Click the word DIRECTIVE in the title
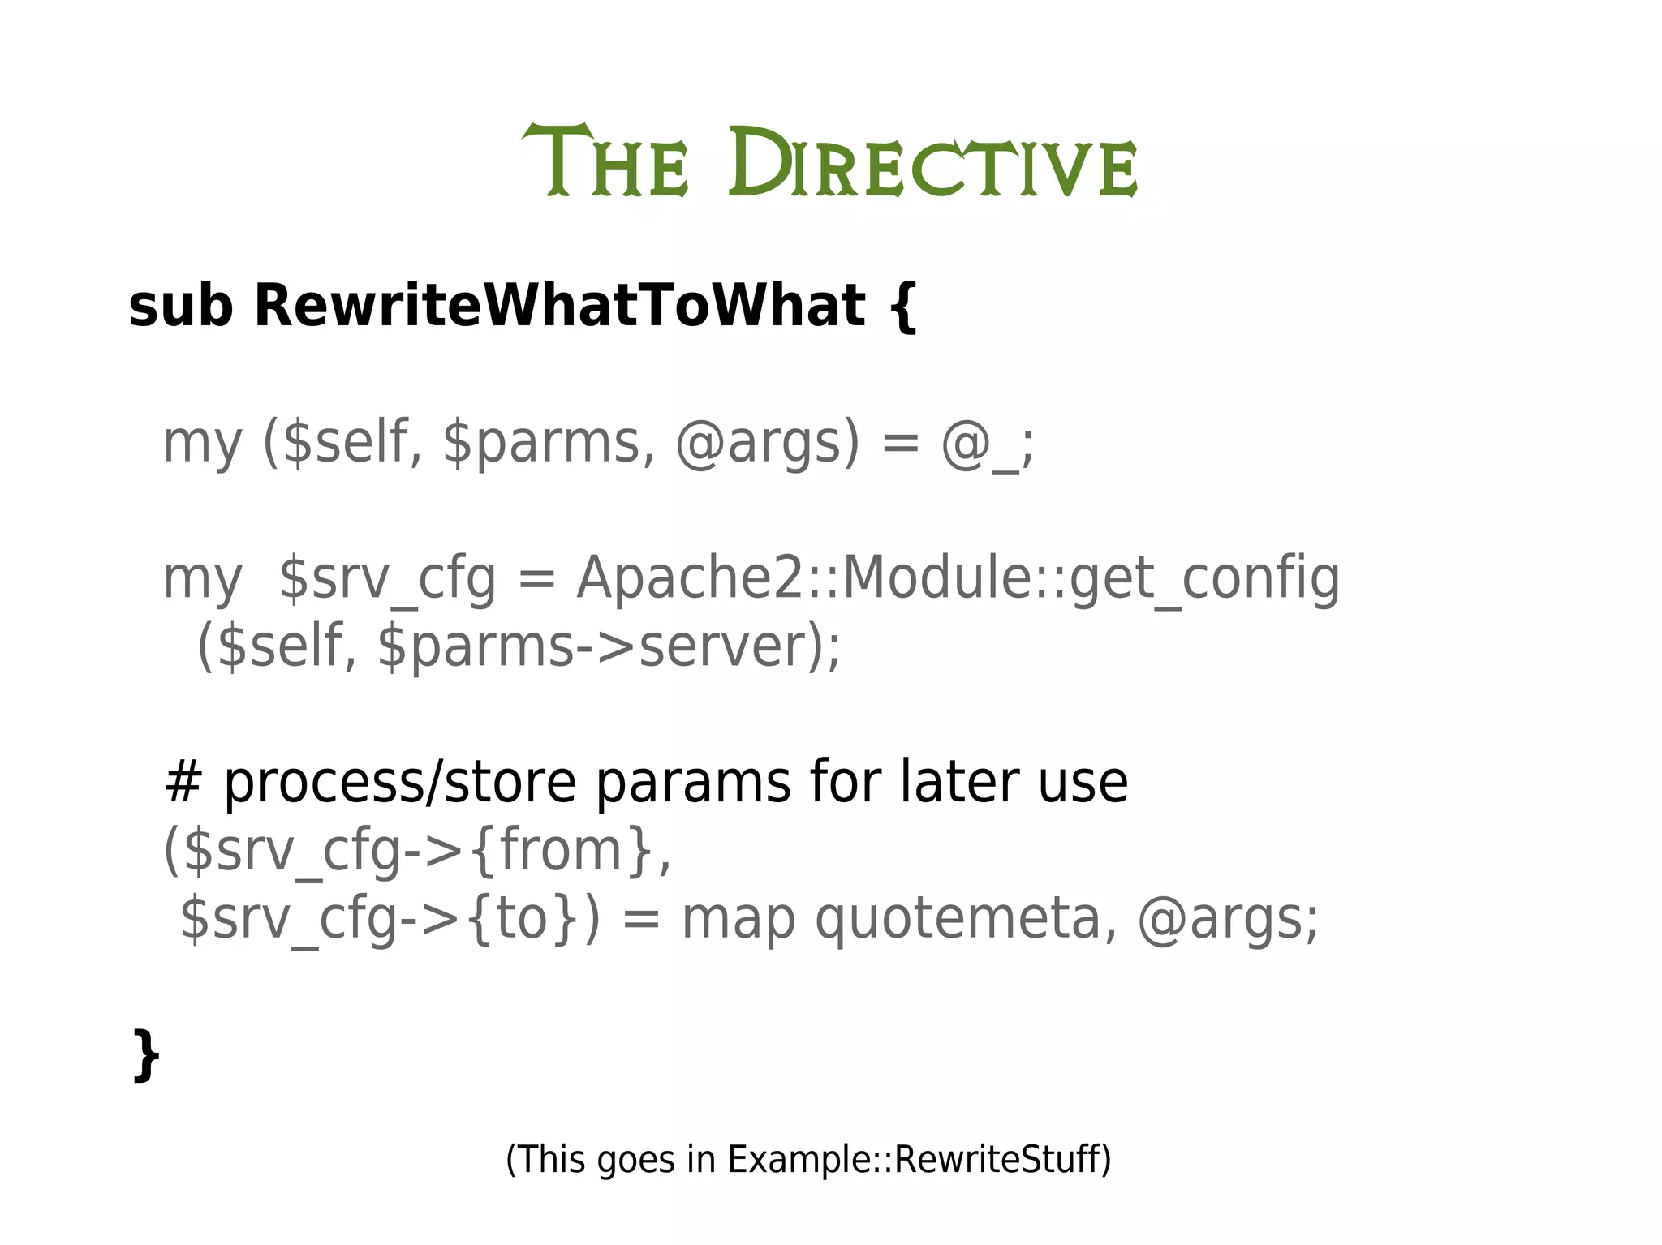(932, 162)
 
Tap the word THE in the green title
(605, 162)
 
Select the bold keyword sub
(180, 307)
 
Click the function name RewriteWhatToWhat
(560, 307)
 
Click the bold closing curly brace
(146, 1054)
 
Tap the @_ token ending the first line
(979, 444)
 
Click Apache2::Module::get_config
(958, 579)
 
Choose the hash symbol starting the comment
(183, 783)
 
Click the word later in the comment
(958, 783)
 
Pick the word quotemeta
(958, 919)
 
